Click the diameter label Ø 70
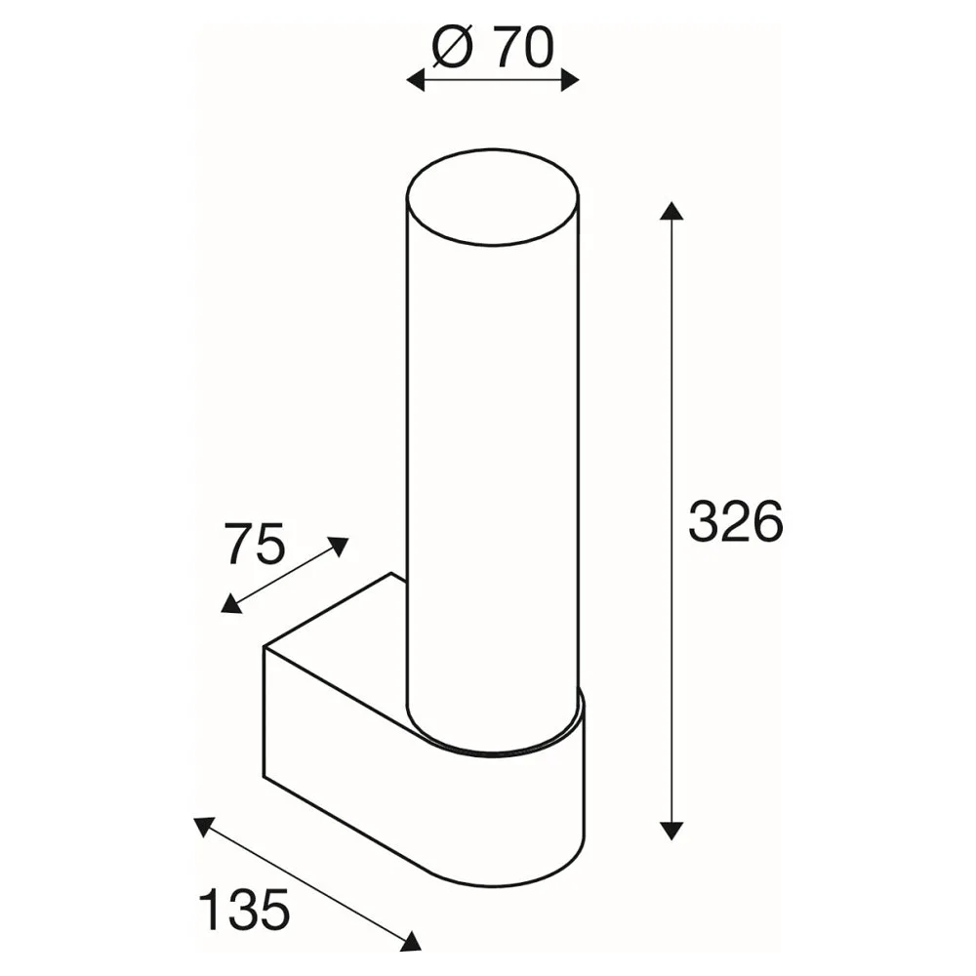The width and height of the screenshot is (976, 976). click(x=492, y=48)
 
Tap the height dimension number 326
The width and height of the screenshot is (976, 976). click(x=735, y=521)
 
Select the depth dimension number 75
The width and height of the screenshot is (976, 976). click(x=255, y=543)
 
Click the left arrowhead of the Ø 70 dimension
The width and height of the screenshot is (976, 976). click(x=415, y=80)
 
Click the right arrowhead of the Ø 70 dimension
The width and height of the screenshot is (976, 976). click(x=570, y=80)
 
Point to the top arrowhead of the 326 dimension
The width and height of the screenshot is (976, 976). click(x=671, y=211)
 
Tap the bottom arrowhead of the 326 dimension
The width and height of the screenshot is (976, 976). click(x=671, y=831)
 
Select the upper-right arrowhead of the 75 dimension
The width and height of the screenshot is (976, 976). click(x=339, y=546)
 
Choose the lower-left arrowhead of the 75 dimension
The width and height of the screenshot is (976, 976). click(x=231, y=604)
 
